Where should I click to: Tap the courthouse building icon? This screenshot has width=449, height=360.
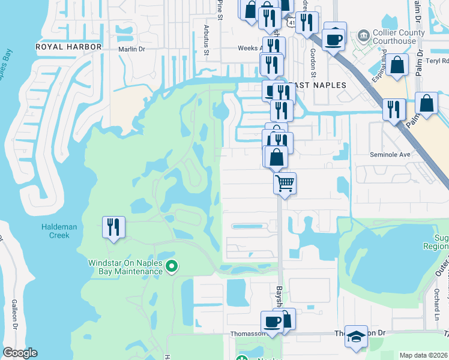pos(362,36)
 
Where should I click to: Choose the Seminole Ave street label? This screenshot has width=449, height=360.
pos(393,154)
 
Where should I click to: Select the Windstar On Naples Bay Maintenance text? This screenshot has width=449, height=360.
pos(125,267)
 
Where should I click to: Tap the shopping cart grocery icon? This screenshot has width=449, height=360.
pos(285,182)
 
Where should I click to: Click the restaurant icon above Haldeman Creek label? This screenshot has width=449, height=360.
pos(113,227)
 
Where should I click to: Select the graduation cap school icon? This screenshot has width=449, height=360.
pos(356,337)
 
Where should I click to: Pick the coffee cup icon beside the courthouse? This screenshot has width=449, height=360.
pos(334,40)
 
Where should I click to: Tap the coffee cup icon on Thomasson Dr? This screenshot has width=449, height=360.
pos(272,321)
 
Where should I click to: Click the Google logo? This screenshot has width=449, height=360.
pos(20,353)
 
